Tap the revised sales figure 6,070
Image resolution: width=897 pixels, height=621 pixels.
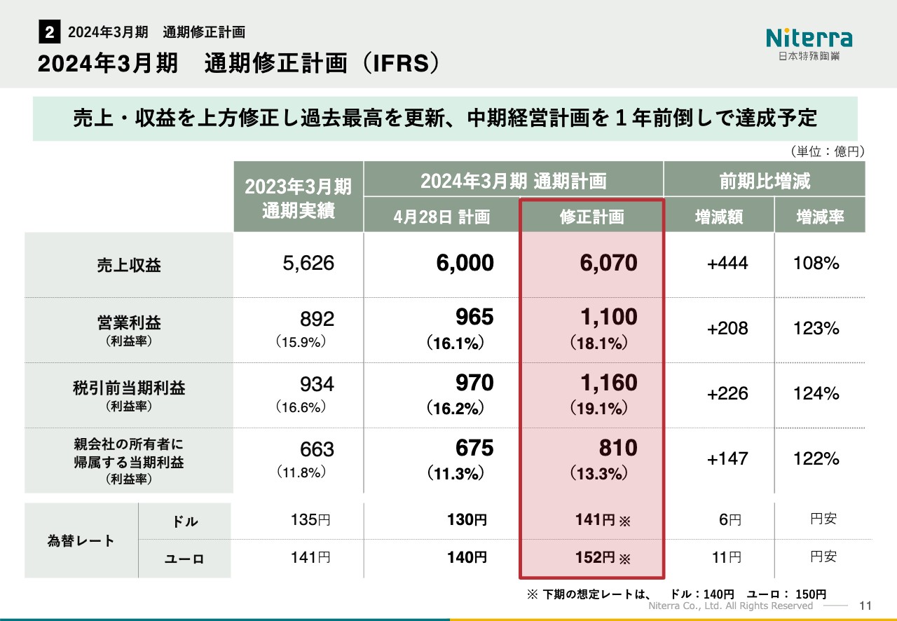click(608, 264)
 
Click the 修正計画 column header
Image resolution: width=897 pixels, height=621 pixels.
click(591, 217)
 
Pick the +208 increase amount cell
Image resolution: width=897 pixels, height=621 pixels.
click(727, 328)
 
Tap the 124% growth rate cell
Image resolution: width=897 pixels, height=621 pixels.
click(816, 393)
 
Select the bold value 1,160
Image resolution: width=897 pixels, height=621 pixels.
click(608, 383)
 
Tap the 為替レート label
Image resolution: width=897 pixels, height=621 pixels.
click(81, 540)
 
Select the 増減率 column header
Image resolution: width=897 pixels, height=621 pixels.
click(819, 217)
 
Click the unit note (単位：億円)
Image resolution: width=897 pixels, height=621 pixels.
click(826, 151)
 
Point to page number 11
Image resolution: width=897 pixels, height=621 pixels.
click(865, 606)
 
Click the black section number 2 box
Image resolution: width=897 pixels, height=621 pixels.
click(49, 32)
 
